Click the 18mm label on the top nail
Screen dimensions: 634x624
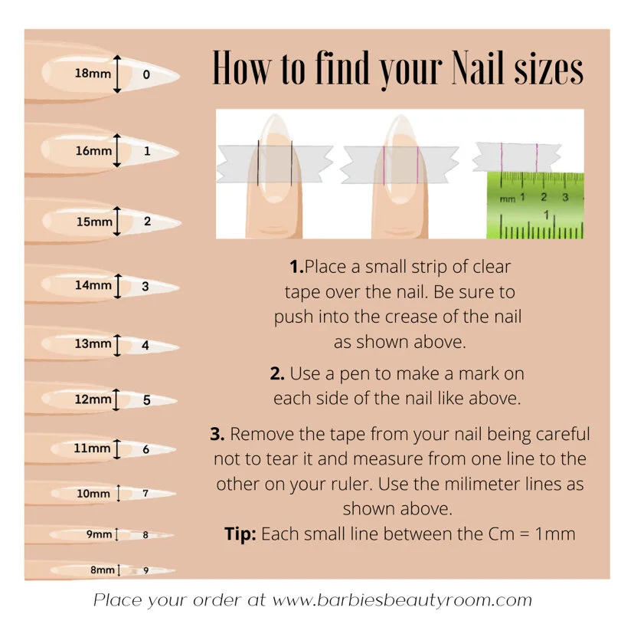pos(93,74)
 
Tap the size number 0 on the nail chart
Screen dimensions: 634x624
pos(146,74)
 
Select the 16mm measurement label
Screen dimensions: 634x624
pos(93,151)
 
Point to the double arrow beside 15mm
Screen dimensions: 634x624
pos(117,221)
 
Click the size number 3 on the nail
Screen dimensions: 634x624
pos(145,286)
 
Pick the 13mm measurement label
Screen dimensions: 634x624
pos(93,343)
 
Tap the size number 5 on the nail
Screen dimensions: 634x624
pos(147,400)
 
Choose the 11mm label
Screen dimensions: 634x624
pos(92,448)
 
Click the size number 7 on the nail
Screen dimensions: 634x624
pos(145,493)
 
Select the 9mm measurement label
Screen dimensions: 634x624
pos(99,534)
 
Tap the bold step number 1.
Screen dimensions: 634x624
pos(296,267)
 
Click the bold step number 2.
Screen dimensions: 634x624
pos(277,373)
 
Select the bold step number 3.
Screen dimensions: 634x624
pos(217,434)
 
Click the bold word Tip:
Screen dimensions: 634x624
pos(240,534)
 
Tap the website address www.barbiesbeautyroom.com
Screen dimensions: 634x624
pos(402,600)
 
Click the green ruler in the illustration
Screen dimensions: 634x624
pos(535,205)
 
